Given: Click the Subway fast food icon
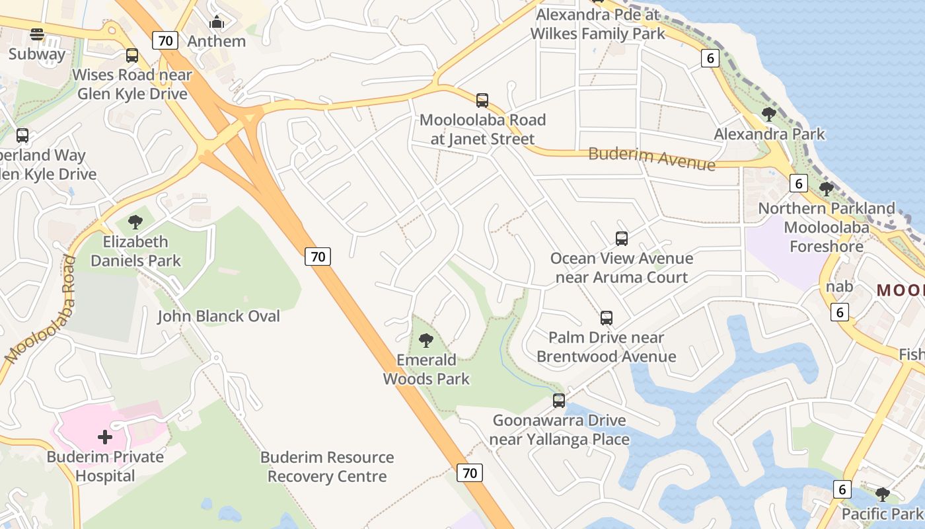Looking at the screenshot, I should pyautogui.click(x=37, y=34).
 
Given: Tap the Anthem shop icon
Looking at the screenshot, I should pyautogui.click(x=217, y=22).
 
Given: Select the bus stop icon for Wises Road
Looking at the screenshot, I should pyautogui.click(x=132, y=56).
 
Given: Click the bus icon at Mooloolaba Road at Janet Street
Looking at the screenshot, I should pyautogui.click(x=482, y=101).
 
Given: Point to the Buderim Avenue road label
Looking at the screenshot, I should pyautogui.click(x=651, y=159).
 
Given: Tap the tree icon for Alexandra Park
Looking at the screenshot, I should pyautogui.click(x=768, y=114).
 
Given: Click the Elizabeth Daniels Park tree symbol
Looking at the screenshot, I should pyautogui.click(x=135, y=222).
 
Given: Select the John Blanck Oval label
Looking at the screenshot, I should pyautogui.click(x=219, y=316).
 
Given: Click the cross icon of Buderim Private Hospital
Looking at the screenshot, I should pyautogui.click(x=104, y=437).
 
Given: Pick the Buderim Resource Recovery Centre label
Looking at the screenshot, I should pyautogui.click(x=327, y=467).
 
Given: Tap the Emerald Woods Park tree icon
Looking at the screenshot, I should pyautogui.click(x=426, y=341).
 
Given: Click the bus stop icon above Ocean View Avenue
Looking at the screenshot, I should pyautogui.click(x=621, y=239).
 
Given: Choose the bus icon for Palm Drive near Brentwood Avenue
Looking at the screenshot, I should pyautogui.click(x=607, y=318).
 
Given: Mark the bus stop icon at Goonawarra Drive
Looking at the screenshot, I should pyautogui.click(x=559, y=401).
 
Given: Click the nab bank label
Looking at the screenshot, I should pyautogui.click(x=839, y=287).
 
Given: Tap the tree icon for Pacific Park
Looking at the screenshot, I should pyautogui.click(x=882, y=494).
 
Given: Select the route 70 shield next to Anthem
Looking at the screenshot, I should pyautogui.click(x=165, y=40).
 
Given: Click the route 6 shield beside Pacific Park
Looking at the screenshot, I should pyautogui.click(x=842, y=489).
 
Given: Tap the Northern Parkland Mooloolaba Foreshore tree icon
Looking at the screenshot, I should pyautogui.click(x=826, y=189).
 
